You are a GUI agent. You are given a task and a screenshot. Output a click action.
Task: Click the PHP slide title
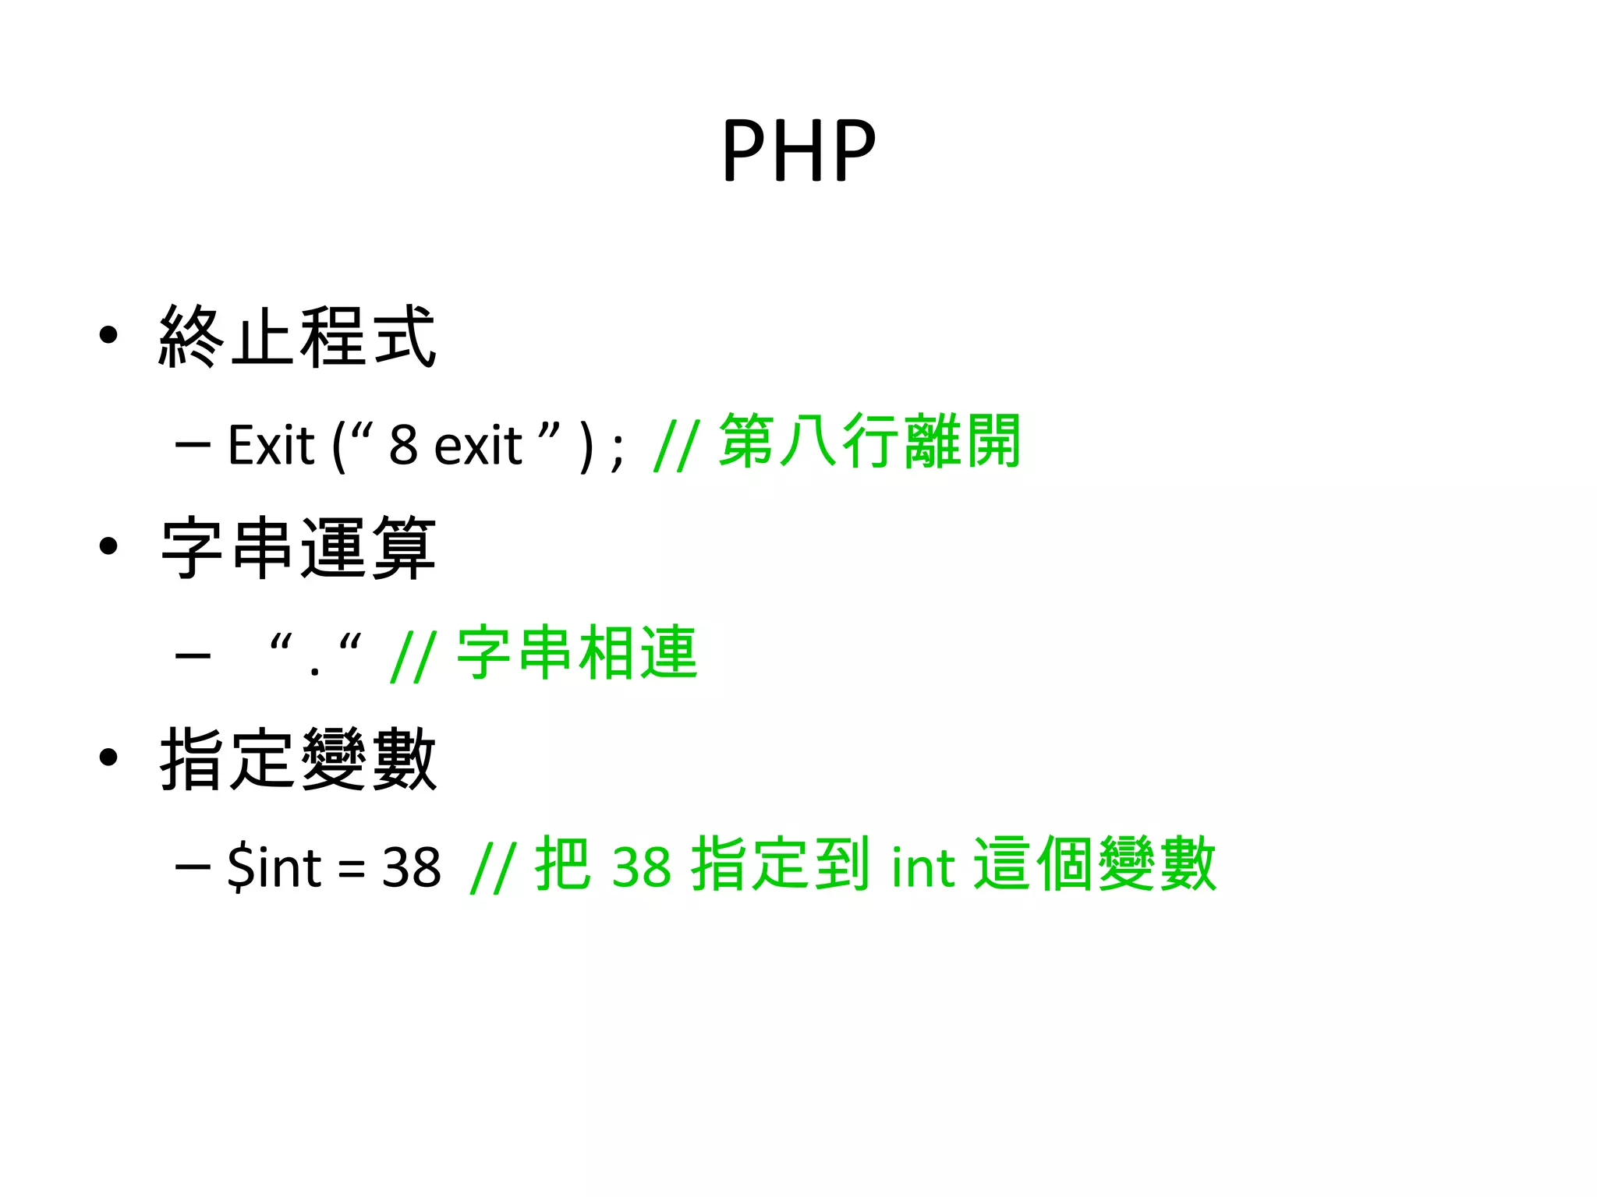point(798,150)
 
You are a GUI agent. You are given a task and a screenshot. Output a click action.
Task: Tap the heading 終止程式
point(297,337)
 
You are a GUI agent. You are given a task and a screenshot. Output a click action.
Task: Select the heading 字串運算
point(297,548)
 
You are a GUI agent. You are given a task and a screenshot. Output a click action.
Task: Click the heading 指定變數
point(297,759)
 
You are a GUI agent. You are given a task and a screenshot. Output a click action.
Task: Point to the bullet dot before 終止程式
point(108,336)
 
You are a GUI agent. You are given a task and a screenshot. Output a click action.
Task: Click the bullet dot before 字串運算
point(108,546)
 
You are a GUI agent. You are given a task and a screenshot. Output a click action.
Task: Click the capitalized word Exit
point(271,446)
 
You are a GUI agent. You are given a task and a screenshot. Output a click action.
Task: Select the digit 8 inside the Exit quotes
point(403,446)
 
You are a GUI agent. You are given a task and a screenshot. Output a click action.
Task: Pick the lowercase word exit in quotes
point(477,446)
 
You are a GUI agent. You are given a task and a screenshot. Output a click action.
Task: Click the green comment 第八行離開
point(869,442)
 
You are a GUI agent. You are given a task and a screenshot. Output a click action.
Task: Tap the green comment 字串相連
point(577,653)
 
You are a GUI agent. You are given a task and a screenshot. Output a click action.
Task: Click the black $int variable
point(274,867)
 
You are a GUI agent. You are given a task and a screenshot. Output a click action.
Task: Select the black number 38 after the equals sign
point(411,867)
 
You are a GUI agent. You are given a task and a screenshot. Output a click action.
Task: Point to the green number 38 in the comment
point(642,867)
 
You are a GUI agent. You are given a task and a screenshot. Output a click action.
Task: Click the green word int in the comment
point(923,867)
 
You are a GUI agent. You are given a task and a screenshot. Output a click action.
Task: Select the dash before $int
point(193,866)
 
